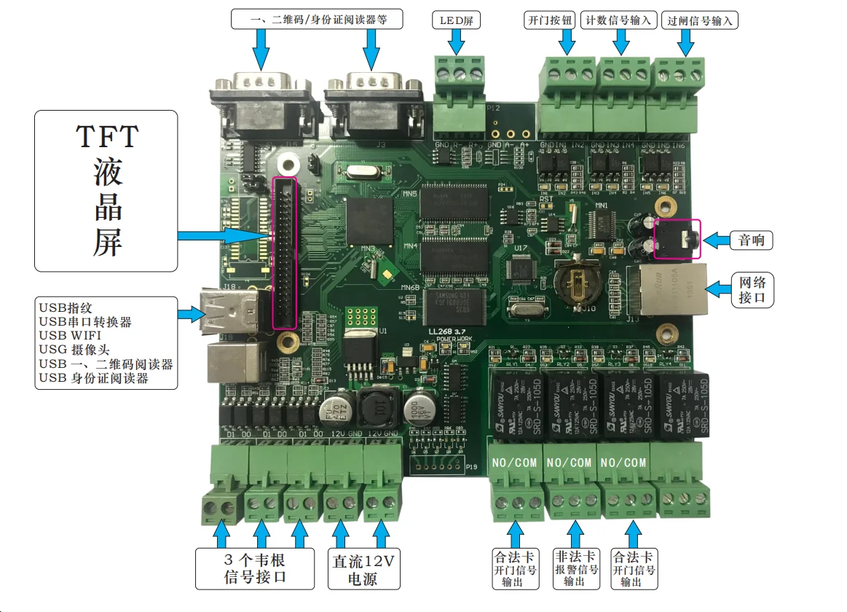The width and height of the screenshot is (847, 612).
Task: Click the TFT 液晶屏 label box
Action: (106, 191)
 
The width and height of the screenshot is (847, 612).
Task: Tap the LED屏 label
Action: (457, 20)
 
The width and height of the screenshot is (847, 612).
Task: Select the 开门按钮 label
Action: (551, 20)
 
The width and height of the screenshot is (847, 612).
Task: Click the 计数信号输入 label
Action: (619, 20)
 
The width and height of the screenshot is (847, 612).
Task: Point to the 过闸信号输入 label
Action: (700, 20)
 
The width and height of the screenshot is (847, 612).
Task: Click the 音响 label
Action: (752, 240)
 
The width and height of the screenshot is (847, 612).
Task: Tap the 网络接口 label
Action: (752, 290)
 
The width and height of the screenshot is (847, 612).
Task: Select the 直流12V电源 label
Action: (363, 570)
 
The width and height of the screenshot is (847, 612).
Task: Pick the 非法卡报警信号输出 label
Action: (574, 568)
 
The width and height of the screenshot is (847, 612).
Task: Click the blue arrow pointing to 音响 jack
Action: (716, 240)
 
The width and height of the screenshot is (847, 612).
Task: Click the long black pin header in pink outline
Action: (284, 252)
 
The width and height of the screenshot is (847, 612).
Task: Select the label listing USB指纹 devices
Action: (106, 342)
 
